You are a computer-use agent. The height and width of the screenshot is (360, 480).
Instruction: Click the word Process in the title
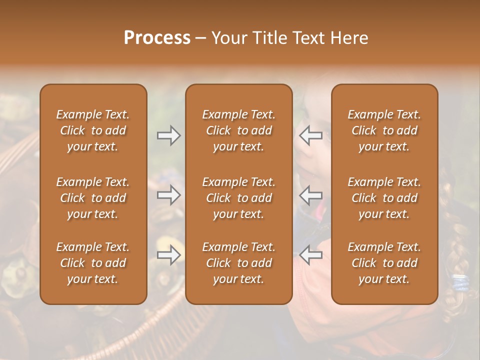[x=157, y=38]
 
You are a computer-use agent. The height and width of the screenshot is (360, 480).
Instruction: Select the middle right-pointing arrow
[x=168, y=195]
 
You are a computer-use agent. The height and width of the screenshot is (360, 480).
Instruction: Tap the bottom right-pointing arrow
[x=168, y=255]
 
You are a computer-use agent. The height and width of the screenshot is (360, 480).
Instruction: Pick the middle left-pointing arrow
[x=311, y=195]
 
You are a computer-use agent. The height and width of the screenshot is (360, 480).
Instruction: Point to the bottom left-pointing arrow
[x=311, y=255]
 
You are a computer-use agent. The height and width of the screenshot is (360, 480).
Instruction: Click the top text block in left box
[x=93, y=130]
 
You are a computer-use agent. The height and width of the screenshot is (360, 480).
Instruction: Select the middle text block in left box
[x=93, y=198]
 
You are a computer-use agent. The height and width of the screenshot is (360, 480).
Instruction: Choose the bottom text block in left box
[x=93, y=263]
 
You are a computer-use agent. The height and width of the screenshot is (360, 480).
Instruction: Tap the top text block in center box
[x=238, y=130]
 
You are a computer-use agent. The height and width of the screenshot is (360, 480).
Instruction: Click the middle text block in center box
[x=238, y=198]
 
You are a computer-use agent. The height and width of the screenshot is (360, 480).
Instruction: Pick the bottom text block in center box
[x=238, y=263]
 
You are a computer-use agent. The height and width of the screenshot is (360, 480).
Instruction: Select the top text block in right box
[x=384, y=130]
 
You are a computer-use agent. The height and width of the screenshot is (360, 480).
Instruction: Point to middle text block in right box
[x=384, y=198]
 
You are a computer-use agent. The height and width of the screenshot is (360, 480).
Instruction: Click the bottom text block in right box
[x=384, y=263]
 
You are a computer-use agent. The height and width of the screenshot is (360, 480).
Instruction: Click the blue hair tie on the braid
[x=461, y=282]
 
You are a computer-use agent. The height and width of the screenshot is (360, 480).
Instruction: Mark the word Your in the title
[x=228, y=38]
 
